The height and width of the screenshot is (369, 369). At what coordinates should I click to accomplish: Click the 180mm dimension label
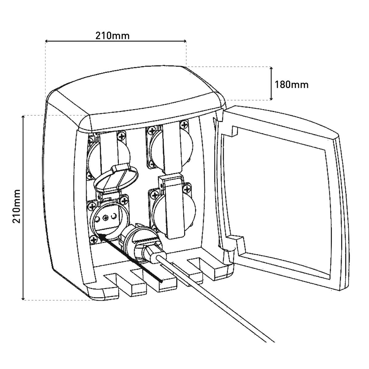coord(292,84)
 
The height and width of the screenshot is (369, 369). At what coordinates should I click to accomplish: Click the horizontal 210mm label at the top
coord(112,36)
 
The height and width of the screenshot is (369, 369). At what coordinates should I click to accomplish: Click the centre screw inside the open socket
coord(106,218)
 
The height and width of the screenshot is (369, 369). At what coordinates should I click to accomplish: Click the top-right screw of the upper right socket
coord(184,125)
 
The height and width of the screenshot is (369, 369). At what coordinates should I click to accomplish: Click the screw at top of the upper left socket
coord(121,135)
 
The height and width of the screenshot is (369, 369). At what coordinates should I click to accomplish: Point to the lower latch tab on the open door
coord(237,242)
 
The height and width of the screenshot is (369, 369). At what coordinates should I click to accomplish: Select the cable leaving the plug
coord(215,301)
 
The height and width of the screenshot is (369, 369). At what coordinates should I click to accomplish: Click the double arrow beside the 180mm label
coord(271,83)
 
